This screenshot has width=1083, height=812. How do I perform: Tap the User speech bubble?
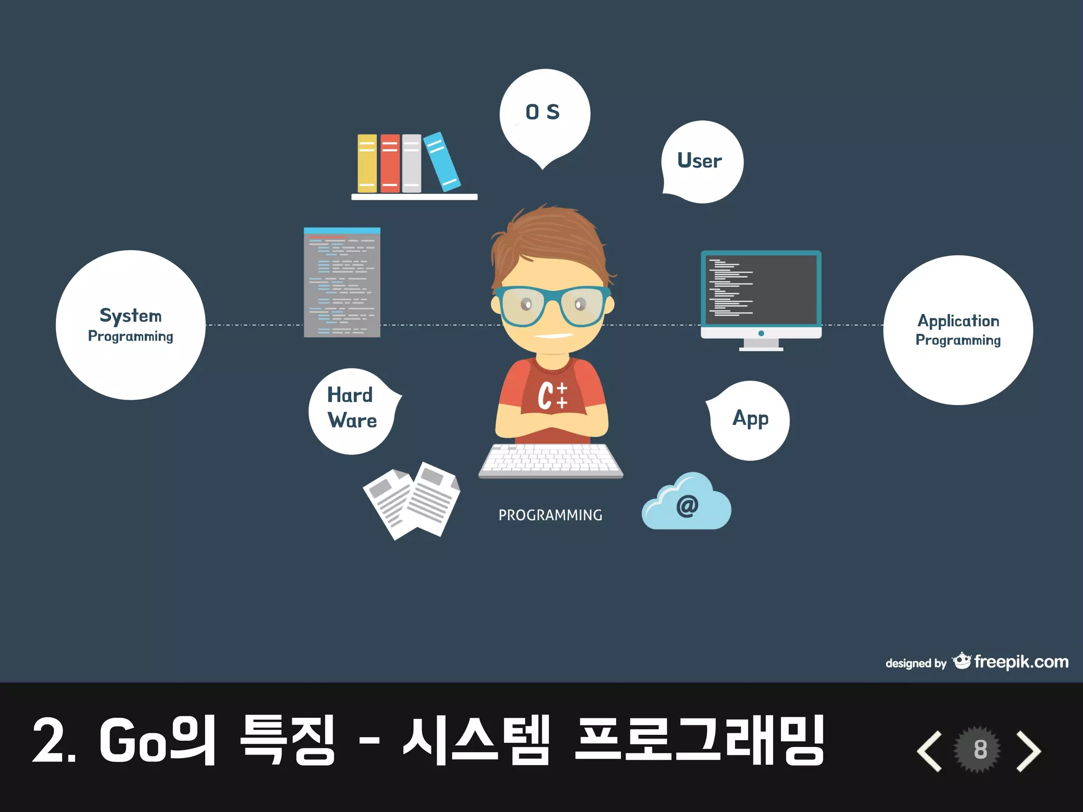(702, 161)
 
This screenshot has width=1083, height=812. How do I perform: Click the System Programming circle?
(131, 325)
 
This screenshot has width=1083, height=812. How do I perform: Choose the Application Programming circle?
(958, 330)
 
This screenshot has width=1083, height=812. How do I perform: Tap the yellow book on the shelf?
(367, 163)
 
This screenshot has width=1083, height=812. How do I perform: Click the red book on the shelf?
(390, 163)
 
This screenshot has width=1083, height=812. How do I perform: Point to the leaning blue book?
(442, 161)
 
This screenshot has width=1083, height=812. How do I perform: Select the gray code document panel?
(342, 283)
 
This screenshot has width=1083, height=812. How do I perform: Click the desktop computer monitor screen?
(761, 290)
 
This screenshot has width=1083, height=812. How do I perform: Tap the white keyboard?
(550, 459)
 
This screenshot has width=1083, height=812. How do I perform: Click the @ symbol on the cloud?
(687, 506)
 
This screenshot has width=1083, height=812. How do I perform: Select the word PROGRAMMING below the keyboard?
(550, 515)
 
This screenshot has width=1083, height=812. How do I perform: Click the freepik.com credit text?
(1021, 662)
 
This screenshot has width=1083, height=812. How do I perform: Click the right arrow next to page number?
(1029, 751)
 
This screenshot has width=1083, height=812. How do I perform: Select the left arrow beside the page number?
(930, 751)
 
